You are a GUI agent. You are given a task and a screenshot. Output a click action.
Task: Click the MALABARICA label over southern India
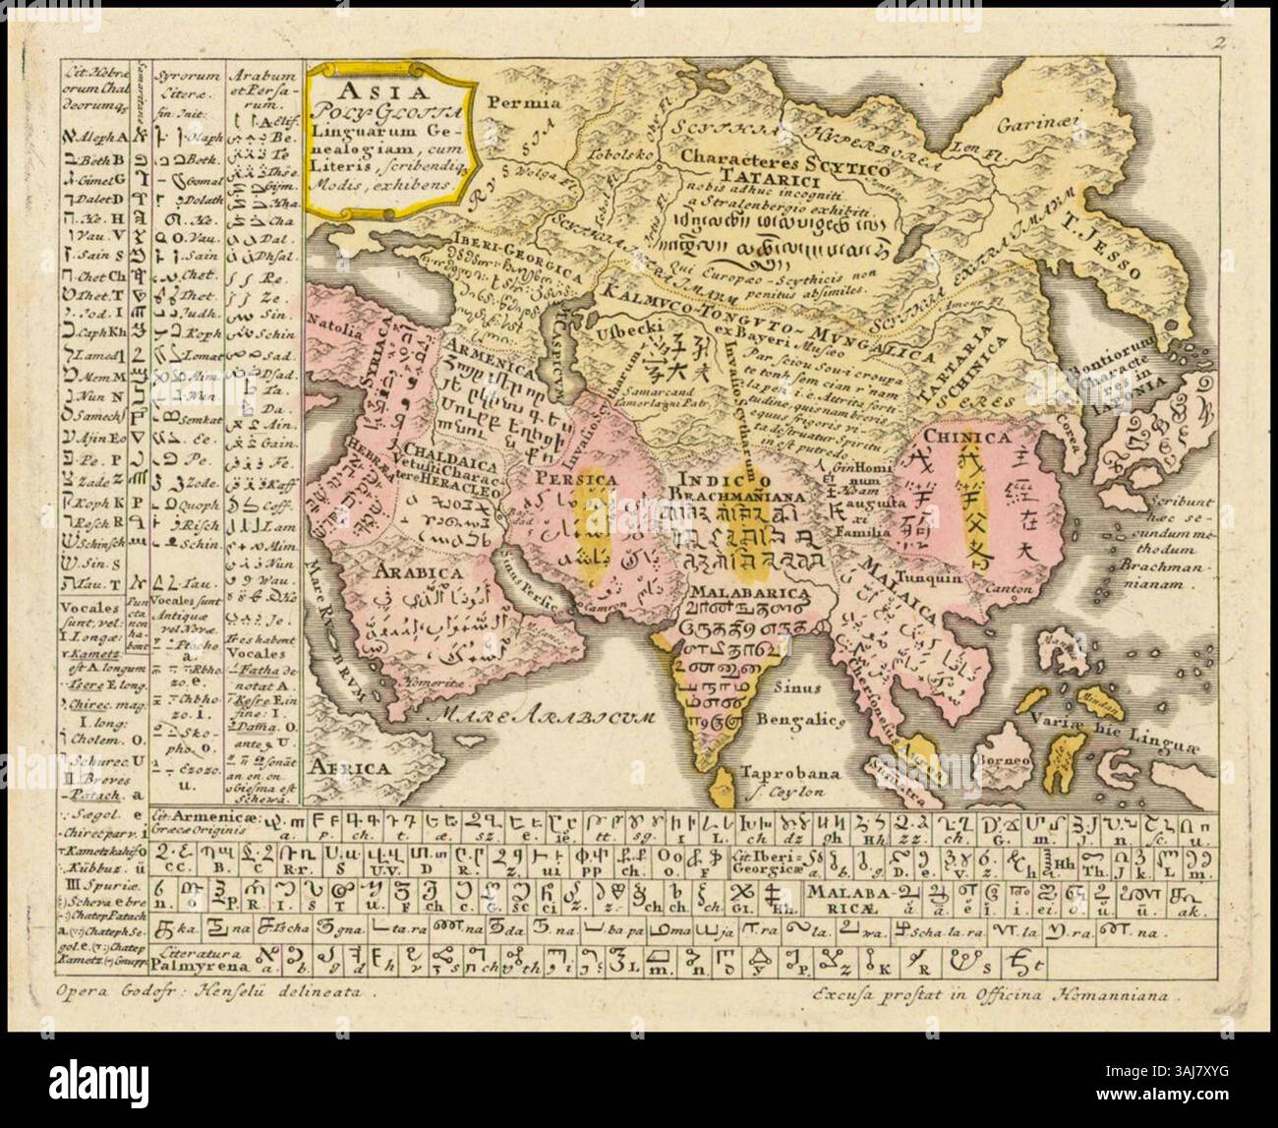(x=749, y=593)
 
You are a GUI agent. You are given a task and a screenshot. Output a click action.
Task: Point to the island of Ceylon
(x=726, y=785)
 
